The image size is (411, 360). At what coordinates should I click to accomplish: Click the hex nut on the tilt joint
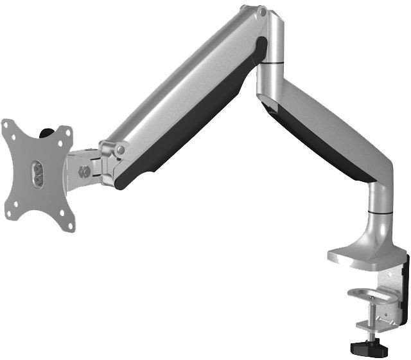point(83,172)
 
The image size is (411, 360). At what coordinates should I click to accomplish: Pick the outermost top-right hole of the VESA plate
point(66,132)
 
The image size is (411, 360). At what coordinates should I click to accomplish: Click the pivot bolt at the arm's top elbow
point(261,12)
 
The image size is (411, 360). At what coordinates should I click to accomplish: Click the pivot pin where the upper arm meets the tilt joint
point(119,149)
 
